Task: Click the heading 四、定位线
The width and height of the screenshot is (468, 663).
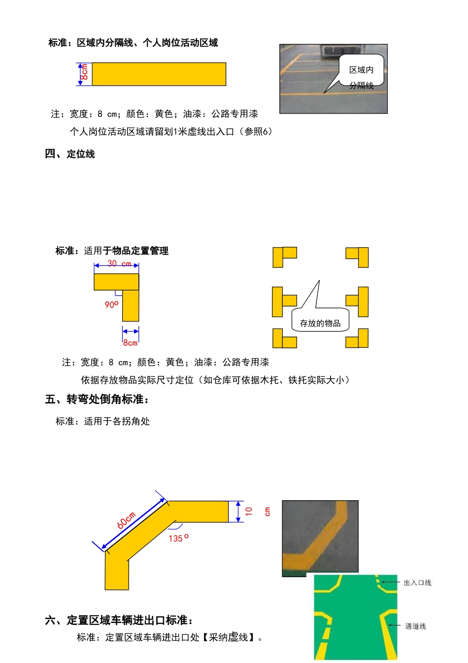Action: (x=70, y=154)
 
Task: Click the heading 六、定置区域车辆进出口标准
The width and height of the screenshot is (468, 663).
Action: (x=119, y=620)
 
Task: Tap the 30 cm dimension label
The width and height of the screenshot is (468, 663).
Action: (x=119, y=263)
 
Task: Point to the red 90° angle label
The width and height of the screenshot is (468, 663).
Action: (x=111, y=304)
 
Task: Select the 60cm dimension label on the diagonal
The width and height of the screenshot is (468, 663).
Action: (x=127, y=520)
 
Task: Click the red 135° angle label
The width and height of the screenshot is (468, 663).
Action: (x=178, y=538)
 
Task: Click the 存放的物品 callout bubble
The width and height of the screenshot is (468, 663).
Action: (x=320, y=323)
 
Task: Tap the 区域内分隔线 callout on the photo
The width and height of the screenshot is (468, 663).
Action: (x=361, y=76)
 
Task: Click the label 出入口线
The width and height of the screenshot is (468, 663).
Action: (x=417, y=583)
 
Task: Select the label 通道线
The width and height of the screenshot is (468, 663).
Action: (x=415, y=626)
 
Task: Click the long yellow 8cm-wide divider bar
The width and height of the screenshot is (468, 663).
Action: (x=159, y=74)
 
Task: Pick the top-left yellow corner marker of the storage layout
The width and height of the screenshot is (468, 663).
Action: (x=284, y=256)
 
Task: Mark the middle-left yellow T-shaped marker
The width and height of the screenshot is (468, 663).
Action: (x=283, y=301)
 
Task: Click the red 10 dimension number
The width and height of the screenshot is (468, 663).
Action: (x=249, y=511)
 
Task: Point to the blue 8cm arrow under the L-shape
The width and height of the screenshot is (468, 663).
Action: (x=131, y=331)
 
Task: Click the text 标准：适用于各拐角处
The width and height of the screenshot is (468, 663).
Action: (x=102, y=421)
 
